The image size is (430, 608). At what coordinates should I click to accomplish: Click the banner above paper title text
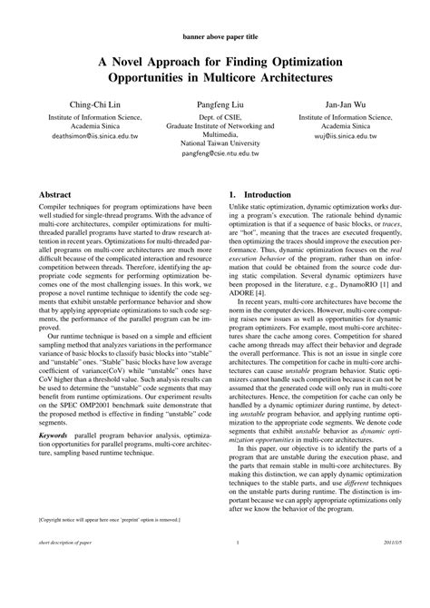point(215,39)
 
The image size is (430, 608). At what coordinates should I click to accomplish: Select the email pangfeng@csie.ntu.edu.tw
point(214,154)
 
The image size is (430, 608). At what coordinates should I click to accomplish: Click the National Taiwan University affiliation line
point(214,144)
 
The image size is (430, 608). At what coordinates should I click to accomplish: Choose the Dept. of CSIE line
point(214,117)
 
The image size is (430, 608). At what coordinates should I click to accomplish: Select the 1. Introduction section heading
point(260,194)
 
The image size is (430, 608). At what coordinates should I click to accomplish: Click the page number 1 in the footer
point(236,594)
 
